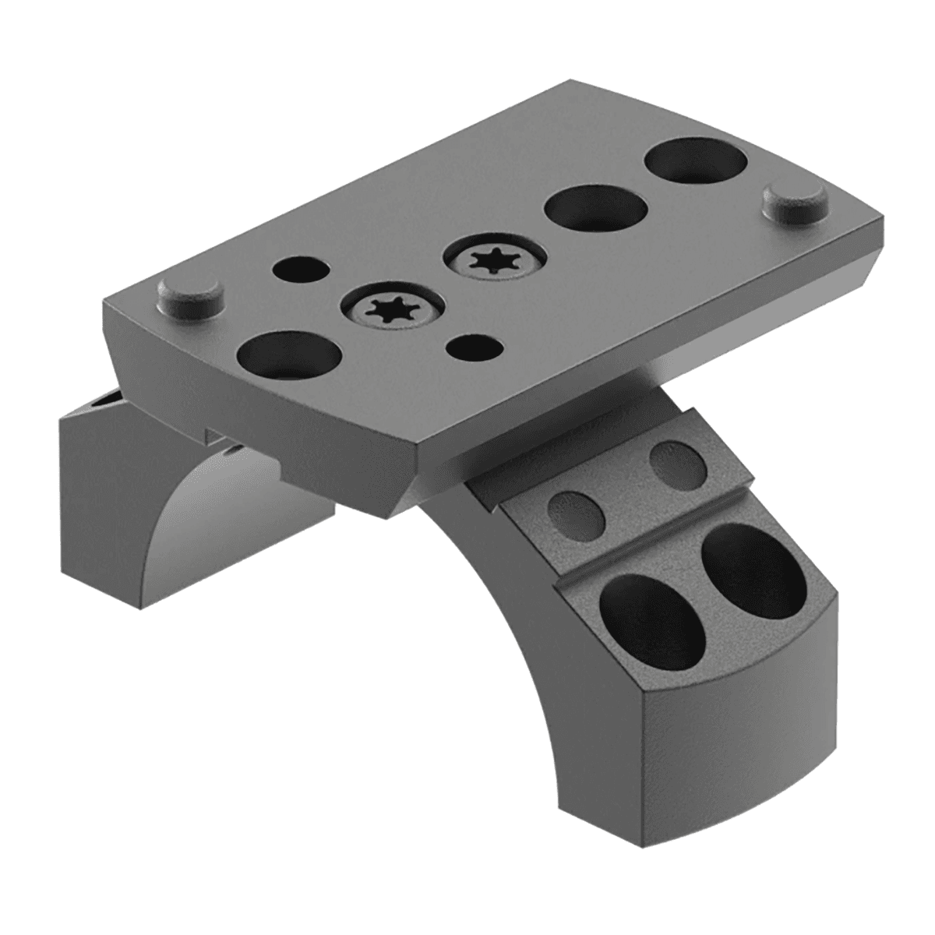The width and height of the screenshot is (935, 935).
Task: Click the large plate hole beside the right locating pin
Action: (x=693, y=162)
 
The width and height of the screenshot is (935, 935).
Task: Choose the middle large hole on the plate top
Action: (x=596, y=209)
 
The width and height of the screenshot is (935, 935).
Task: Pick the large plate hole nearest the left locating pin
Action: (x=289, y=354)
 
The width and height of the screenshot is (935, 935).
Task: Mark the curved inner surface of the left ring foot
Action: (x=234, y=499)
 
